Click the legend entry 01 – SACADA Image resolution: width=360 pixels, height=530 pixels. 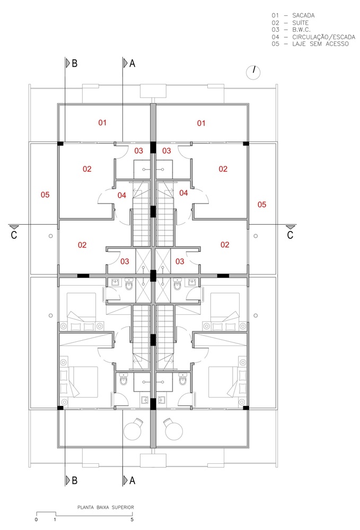[x=293, y=15]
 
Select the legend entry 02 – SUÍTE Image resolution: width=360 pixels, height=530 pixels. [x=290, y=23]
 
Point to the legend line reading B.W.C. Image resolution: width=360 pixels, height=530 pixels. [x=291, y=30]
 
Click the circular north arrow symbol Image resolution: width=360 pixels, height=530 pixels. [x=253, y=72]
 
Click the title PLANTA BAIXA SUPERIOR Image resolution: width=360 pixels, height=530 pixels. [x=106, y=507]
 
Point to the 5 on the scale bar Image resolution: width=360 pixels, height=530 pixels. [x=132, y=519]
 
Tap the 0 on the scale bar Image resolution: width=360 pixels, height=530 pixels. [x=36, y=519]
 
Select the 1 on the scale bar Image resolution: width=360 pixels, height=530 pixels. [x=55, y=519]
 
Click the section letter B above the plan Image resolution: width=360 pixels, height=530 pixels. [x=75, y=63]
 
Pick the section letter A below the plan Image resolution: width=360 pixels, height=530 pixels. [x=132, y=480]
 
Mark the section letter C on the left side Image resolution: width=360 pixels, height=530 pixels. [x=14, y=235]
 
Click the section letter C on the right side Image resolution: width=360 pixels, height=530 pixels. [x=290, y=235]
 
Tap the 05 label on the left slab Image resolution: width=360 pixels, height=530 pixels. [x=45, y=195]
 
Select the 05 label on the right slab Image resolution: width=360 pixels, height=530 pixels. [x=261, y=205]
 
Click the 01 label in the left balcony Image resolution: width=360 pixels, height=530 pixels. [x=102, y=123]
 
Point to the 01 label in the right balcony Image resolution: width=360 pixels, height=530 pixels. [x=201, y=123]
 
